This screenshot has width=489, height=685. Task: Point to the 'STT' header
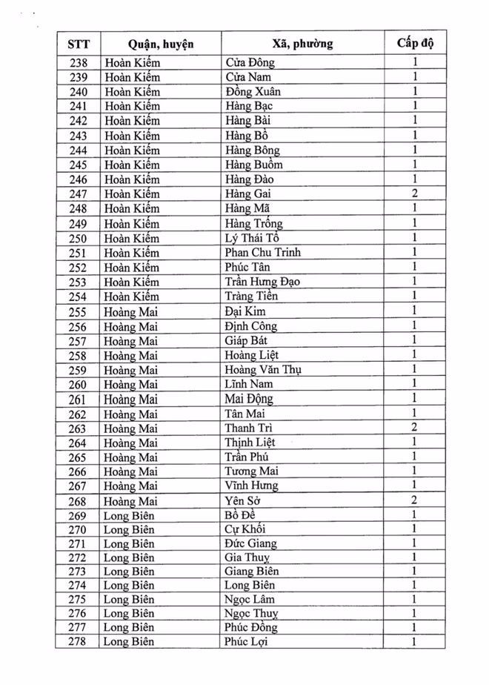78,43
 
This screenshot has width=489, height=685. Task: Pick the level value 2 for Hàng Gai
415,193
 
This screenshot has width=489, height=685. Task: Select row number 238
78,63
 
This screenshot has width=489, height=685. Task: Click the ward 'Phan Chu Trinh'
263,253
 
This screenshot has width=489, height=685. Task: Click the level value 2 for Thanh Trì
415,428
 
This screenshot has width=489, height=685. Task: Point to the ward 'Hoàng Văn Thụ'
263,370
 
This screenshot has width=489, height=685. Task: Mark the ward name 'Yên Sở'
244,501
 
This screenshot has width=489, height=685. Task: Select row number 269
78,516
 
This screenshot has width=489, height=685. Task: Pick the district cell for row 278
129,642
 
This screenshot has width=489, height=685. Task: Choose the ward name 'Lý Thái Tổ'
253,238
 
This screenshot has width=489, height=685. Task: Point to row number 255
78,311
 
